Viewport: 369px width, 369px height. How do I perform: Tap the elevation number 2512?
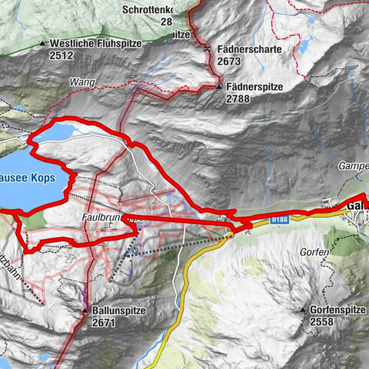[64, 55]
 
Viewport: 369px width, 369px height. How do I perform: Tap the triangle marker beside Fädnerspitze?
[219, 87]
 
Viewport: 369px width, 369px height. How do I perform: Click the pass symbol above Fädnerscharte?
[208, 48]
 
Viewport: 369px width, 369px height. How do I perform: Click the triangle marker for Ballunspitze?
[85, 311]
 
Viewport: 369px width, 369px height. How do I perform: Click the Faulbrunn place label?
[104, 218]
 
